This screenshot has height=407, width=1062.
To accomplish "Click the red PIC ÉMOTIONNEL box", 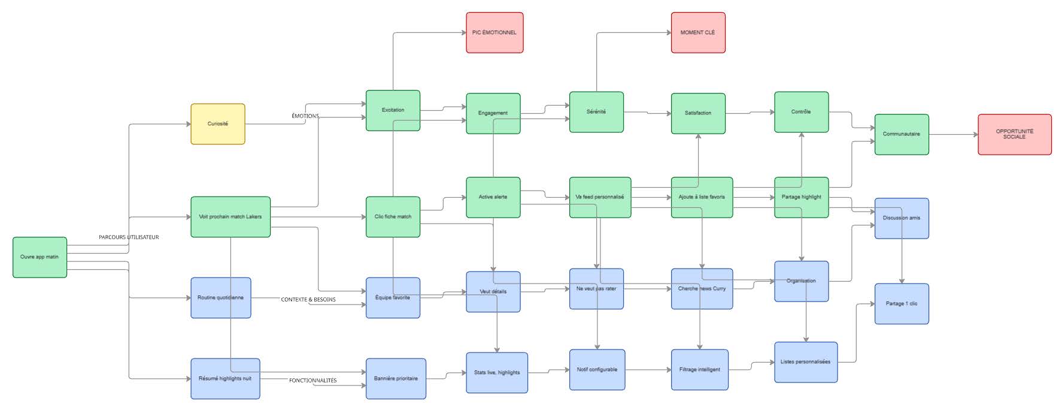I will pos(494,32).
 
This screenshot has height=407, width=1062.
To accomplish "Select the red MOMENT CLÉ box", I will pos(698,32).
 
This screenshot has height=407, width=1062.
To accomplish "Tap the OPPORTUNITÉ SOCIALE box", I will pos(1014,134).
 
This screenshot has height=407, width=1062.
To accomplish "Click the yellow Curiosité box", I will pos(218,124).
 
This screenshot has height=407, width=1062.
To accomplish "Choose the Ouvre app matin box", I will pos(40,257).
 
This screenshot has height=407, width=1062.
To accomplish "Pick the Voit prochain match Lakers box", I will pos(230,217).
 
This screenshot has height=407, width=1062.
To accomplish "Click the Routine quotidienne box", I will pos(221,298).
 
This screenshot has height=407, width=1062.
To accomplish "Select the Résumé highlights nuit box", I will pos(225,379).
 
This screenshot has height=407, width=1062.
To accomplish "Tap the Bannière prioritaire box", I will pos(396,379).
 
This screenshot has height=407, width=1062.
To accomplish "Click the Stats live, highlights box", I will pos(497,373).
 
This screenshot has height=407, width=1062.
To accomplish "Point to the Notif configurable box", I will pos(597,370).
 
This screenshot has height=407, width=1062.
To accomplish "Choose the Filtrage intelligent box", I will pos(700,370).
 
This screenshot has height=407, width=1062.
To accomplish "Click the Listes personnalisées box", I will pos(806,362).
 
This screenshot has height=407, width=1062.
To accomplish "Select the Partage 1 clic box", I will pos(902,304).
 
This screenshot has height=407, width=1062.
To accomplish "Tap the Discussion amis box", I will pos(902,218).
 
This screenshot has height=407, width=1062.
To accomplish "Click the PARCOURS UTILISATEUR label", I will pos(129,237).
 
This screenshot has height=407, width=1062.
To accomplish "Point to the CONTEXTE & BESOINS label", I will pos(308,300).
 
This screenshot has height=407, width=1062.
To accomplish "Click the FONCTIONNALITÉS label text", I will pos(312,381).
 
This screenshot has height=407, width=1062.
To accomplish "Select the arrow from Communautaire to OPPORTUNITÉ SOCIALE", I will pos(953,134).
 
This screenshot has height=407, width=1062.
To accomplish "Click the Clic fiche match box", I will pos(393,217).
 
